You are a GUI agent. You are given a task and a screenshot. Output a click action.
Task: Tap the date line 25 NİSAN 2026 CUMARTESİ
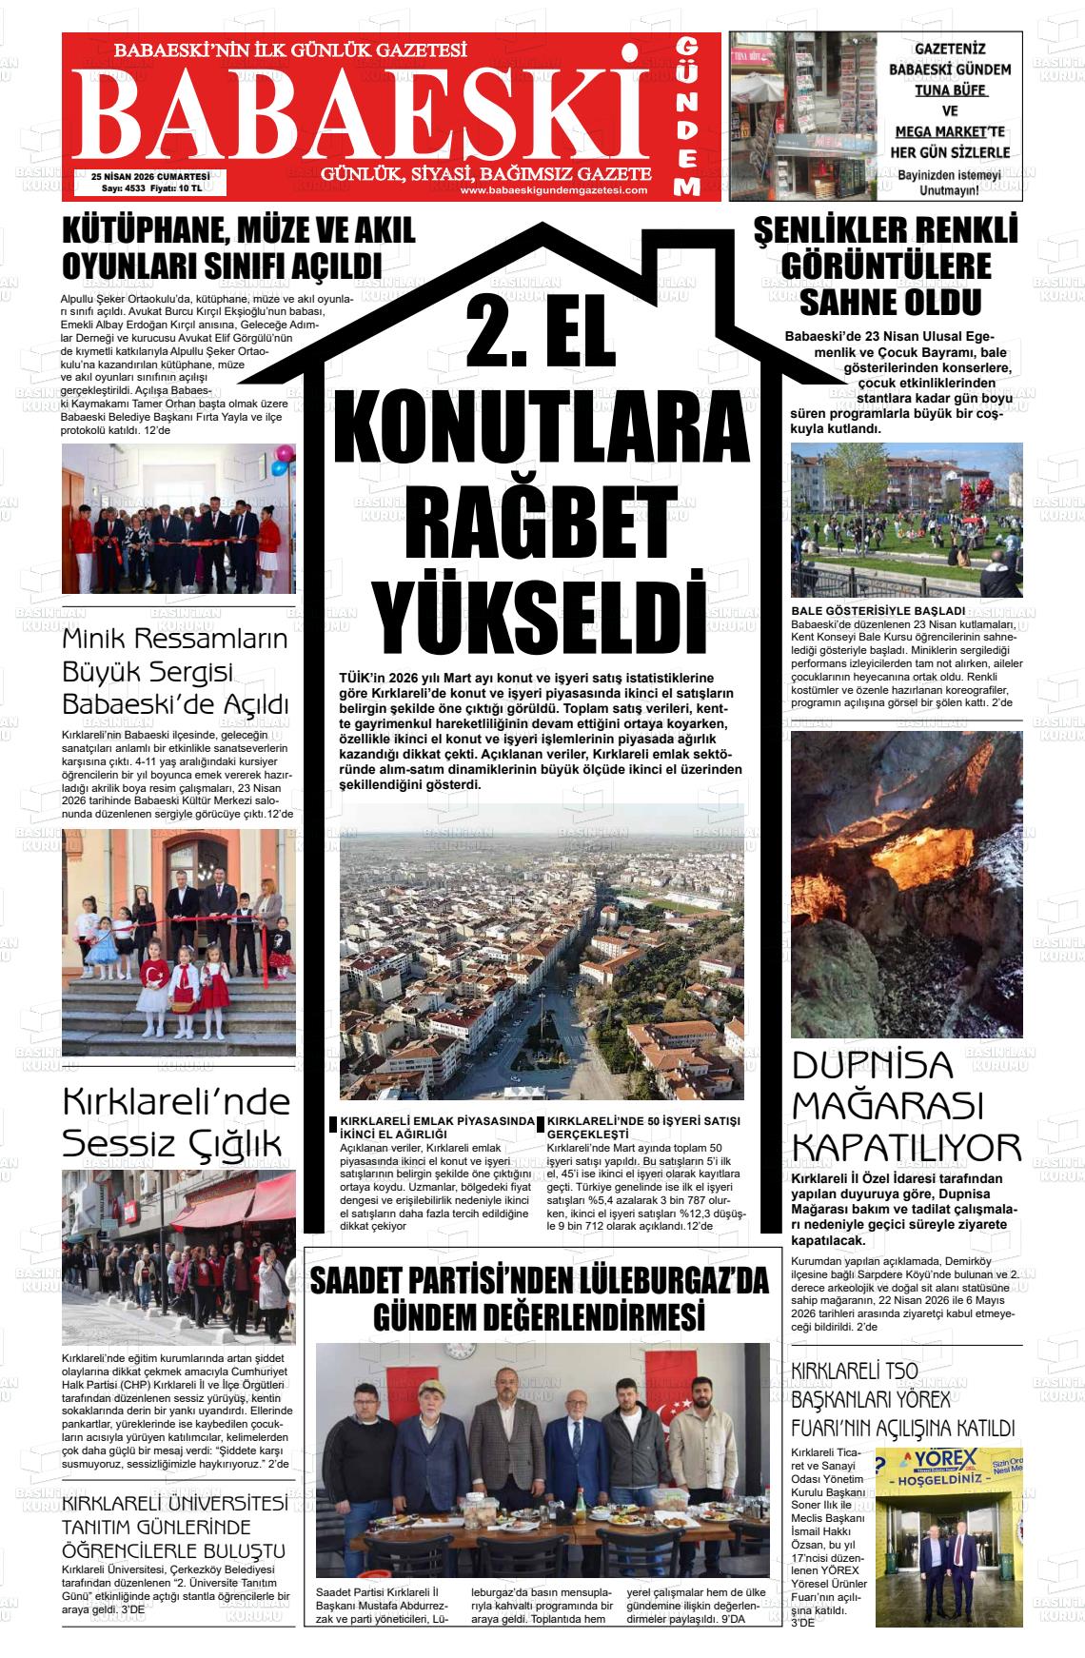point(150,176)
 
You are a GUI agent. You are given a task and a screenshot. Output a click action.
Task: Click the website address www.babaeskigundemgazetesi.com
point(553,189)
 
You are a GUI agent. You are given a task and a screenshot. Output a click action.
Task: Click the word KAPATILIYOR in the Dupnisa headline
point(906,1148)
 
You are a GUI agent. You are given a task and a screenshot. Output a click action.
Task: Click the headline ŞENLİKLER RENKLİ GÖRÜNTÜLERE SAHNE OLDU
point(887,266)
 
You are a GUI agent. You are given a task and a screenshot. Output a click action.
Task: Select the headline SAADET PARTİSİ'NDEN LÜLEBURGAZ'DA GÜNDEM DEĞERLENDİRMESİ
point(539,1299)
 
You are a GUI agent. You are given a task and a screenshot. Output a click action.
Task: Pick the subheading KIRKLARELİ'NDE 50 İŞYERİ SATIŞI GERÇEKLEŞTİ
point(643,1128)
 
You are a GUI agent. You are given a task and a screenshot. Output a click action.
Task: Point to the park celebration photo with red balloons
point(906,519)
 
